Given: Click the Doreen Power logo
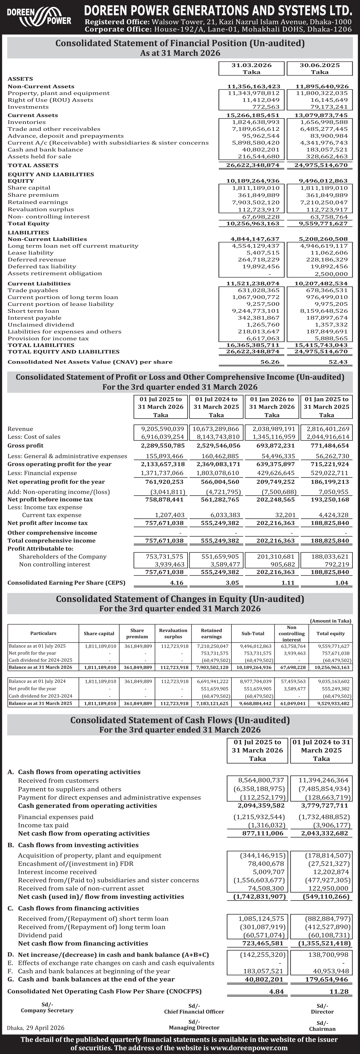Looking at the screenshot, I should coord(39,16).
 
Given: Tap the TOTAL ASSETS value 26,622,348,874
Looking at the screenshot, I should coord(253,165).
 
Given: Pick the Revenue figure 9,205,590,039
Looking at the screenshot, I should coord(162,429).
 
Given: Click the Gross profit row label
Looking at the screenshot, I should coord(25,446).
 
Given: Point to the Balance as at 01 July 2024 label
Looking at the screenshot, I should coord(37,681).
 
